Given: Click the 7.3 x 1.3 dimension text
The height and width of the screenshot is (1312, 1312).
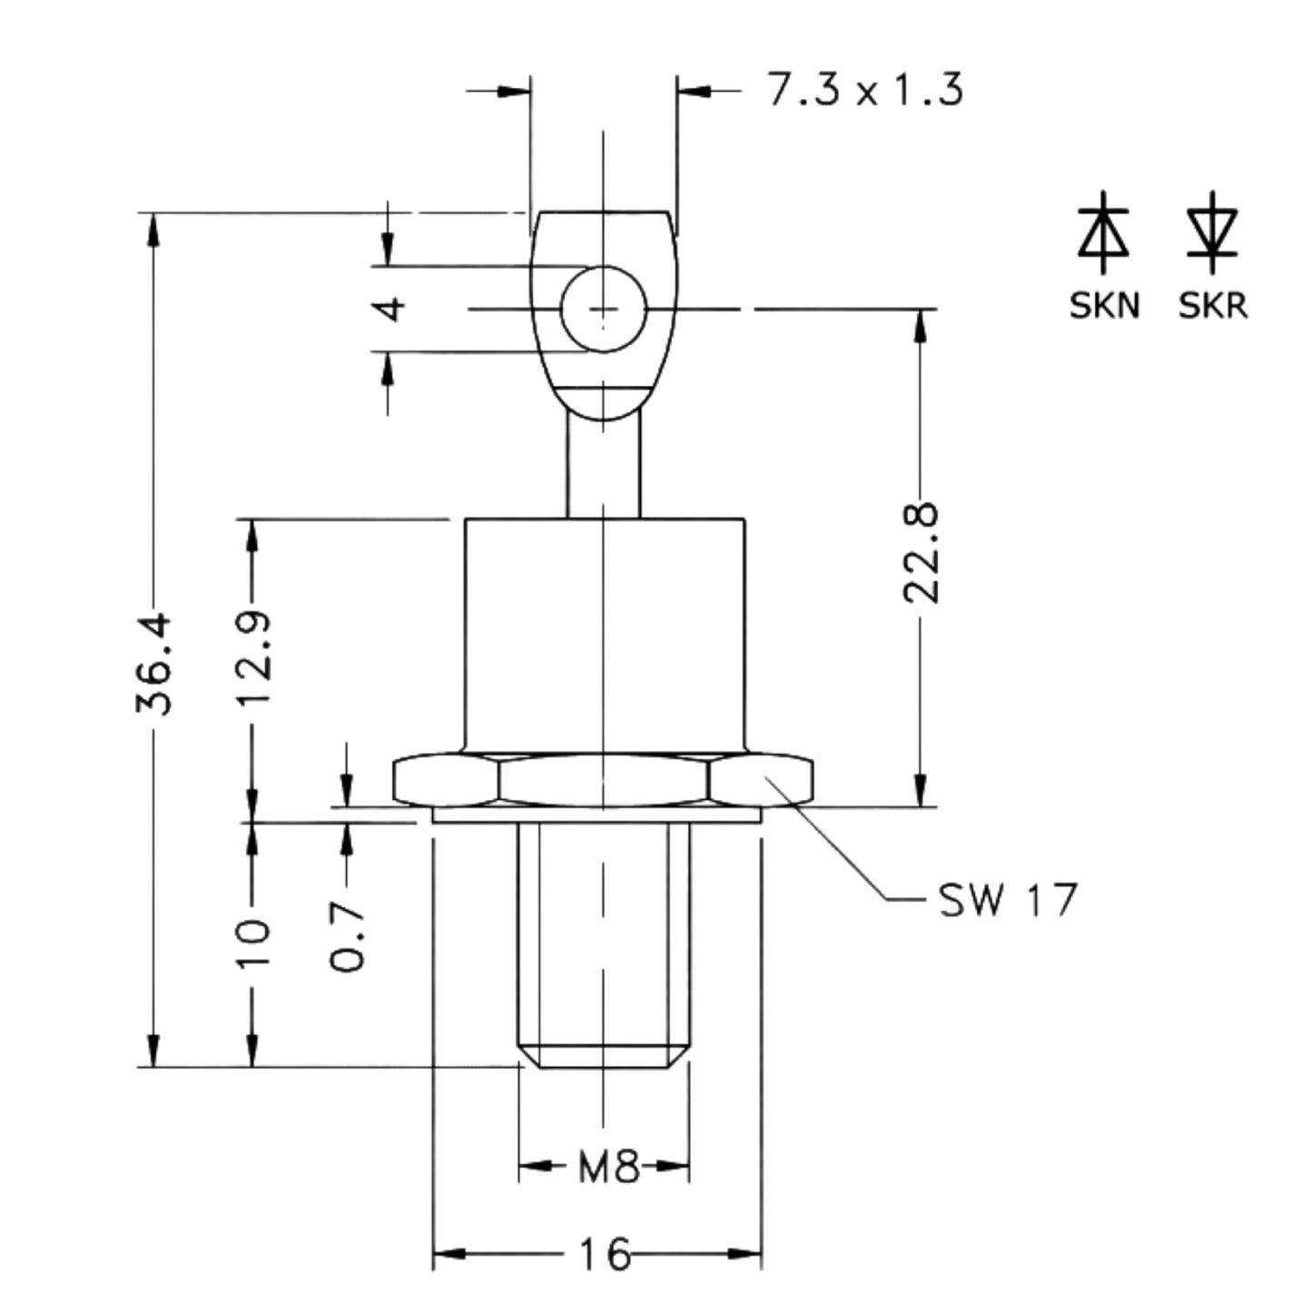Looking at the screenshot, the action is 865,90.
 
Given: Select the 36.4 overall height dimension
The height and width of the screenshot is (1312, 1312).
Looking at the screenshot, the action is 153,664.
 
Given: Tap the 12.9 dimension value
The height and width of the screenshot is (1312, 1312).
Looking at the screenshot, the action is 253,657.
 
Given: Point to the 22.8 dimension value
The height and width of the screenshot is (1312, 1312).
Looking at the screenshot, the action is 921,553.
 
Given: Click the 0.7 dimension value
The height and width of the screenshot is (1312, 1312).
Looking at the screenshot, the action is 348,935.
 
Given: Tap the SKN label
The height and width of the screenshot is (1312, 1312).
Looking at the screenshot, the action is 1104,306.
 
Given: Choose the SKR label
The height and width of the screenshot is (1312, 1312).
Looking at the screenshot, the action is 1213,306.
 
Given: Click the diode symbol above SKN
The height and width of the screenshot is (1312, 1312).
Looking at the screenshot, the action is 1103,232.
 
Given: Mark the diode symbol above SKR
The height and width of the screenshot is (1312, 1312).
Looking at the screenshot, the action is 1213,232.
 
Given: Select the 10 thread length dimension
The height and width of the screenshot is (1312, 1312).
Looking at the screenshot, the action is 253,942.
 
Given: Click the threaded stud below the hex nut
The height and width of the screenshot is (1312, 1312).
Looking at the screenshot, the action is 604,944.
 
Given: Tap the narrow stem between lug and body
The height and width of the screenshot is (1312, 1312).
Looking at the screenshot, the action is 603,467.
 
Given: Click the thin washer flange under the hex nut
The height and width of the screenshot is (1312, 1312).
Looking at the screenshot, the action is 597,815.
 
